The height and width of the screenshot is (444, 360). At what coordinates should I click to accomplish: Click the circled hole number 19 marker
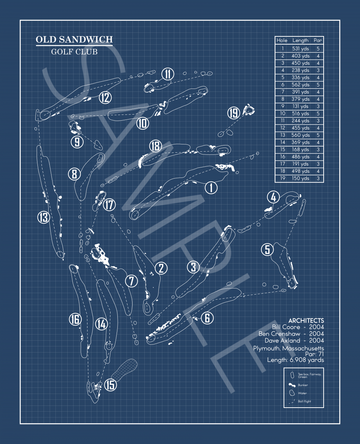coord(234,113)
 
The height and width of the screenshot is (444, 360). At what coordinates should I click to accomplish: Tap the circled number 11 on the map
coord(168,75)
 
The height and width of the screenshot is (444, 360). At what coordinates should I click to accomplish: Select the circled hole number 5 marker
coord(267,249)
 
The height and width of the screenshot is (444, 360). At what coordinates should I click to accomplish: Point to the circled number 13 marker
coord(44,217)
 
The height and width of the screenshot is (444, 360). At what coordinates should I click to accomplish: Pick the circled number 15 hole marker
coord(110,385)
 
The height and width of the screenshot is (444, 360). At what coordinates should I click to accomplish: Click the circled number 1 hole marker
coord(211,187)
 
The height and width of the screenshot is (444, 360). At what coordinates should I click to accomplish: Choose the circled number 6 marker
coord(207,318)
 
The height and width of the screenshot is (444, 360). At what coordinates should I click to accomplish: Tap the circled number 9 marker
coord(77,142)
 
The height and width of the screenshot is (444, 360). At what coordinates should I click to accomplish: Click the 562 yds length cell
coord(301,85)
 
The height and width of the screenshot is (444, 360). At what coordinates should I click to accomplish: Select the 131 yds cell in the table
coord(301,106)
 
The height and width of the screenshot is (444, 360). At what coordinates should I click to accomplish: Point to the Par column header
coord(318,40)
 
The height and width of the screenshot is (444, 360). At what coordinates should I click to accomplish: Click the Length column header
coord(301,40)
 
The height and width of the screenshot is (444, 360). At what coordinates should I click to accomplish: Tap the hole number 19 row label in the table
coord(283,178)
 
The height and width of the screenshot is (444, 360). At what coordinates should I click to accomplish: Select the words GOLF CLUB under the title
coord(74,51)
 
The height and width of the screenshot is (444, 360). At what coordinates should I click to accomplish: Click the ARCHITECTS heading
coord(306,320)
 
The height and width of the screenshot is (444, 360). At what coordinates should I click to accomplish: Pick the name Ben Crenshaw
coord(279,334)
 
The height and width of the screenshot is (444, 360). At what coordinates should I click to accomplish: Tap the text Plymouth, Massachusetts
coord(288,348)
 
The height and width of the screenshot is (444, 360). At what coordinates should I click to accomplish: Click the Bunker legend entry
coord(302,385)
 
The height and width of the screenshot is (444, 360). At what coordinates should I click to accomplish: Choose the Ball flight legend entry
coord(304,401)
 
